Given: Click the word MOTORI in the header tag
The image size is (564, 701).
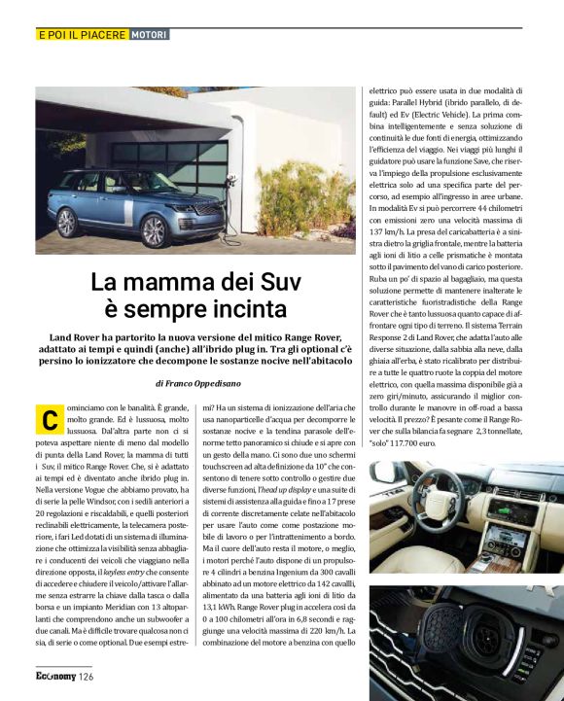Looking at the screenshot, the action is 150,35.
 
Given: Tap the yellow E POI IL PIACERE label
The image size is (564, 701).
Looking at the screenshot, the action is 81,35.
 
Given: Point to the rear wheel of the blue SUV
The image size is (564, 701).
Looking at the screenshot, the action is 67,223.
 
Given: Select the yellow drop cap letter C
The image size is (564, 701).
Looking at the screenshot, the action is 47,421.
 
